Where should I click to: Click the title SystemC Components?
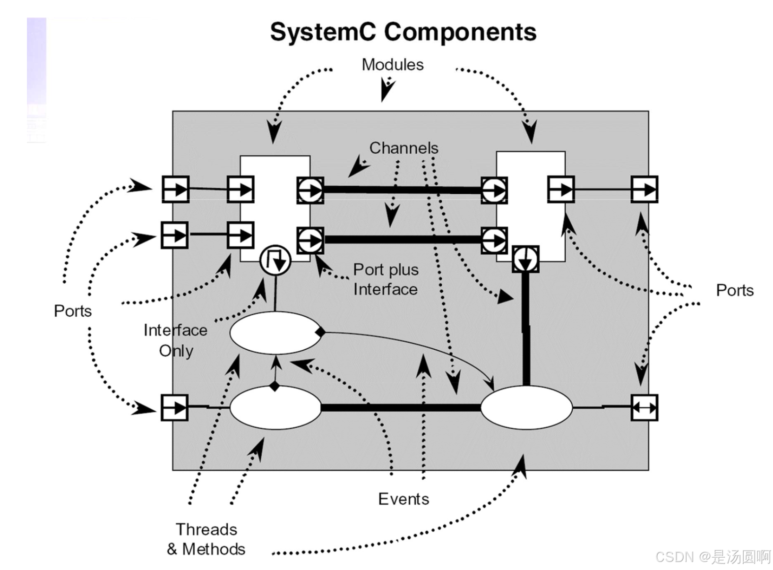tap(403, 33)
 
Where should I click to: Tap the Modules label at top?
tap(392, 65)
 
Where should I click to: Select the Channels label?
tap(404, 148)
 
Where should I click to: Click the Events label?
tap(404, 499)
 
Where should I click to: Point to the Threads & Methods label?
tap(206, 539)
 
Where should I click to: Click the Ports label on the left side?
tap(73, 311)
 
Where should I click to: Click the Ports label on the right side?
tap(734, 290)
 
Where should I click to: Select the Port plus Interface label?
tap(386, 279)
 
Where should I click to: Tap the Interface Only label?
tap(175, 340)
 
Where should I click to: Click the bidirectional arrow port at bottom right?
tap(644, 407)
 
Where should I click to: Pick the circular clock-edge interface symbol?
tap(275, 259)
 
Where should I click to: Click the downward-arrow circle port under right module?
tap(525, 259)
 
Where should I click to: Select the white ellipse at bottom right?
tap(526, 407)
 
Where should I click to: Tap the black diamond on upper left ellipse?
tap(320, 332)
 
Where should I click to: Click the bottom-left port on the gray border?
tap(175, 407)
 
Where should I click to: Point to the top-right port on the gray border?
tap(644, 190)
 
